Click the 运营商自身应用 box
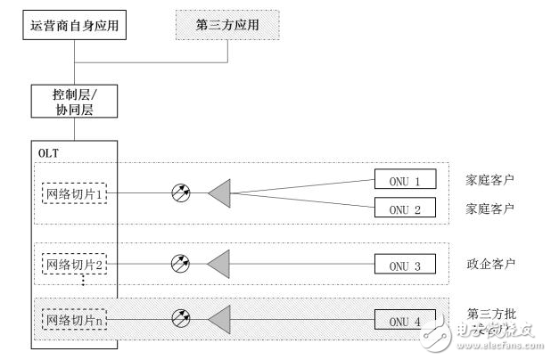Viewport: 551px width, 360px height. pos(75,25)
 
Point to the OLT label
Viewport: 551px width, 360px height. pos(49,153)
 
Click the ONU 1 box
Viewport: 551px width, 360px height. pos(405,180)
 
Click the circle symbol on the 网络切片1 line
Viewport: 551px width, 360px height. pos(180,192)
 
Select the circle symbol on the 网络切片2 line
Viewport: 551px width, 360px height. pos(180,264)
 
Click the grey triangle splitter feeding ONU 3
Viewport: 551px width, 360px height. pos(219,264)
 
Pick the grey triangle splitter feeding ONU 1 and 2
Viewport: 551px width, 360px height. pos(219,192)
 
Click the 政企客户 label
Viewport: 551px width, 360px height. pos(490,264)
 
